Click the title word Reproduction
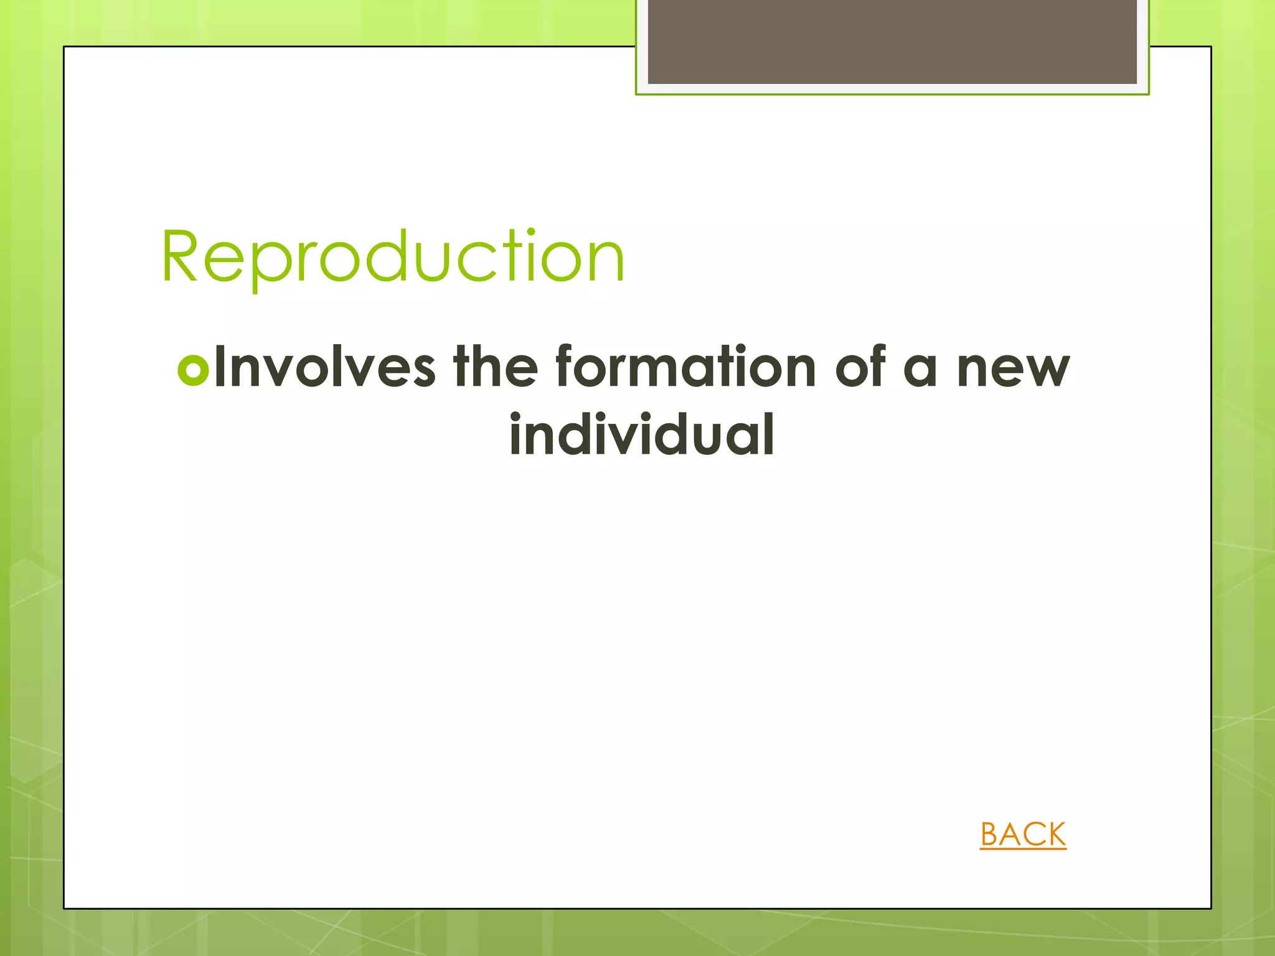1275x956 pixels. [393, 256]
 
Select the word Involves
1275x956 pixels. [324, 368]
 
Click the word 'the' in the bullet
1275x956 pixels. [495, 367]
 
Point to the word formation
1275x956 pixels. [685, 367]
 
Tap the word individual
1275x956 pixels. [642, 435]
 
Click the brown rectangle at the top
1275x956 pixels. [892, 41]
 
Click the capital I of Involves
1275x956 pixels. [219, 368]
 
